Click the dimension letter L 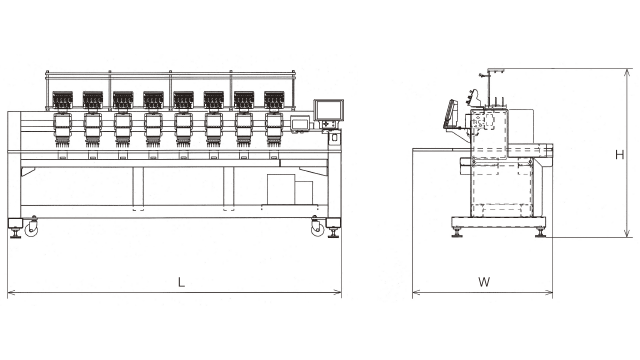181,282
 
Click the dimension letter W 484,282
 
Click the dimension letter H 620,155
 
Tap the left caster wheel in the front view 31,230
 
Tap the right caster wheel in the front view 317,230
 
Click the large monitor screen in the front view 329,110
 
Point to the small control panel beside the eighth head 300,124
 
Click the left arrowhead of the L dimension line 10,292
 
